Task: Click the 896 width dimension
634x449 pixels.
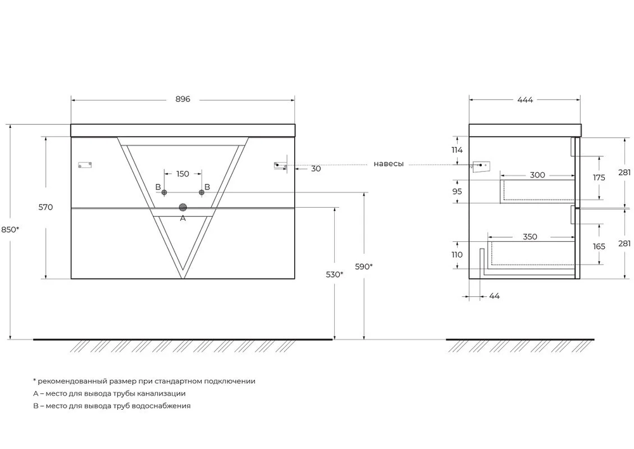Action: pos(183,99)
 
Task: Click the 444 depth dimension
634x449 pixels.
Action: pos(525,99)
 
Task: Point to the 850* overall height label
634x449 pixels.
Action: pos(10,229)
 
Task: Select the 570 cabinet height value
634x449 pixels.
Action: pos(46,207)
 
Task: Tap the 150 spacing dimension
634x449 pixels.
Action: pos(183,174)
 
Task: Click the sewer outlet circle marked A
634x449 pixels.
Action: pos(183,208)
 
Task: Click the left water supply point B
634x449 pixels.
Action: pos(164,193)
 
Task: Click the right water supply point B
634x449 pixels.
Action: pos(202,193)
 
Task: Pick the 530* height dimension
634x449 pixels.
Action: pos(334,275)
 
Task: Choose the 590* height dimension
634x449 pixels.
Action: pos(363,267)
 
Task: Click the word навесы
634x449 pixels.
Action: pos(389,164)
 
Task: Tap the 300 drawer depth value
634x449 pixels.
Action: pos(538,175)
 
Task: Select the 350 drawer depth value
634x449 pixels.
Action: pos(530,237)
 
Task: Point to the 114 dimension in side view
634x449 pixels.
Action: pos(457,150)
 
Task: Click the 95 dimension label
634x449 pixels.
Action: pos(457,191)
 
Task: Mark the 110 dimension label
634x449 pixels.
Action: pos(457,255)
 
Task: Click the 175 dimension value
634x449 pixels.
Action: pos(599,177)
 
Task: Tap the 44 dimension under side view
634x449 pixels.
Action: pos(495,296)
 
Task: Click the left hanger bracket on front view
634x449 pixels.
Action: pos(85,165)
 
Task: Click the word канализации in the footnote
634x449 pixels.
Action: pos(161,393)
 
